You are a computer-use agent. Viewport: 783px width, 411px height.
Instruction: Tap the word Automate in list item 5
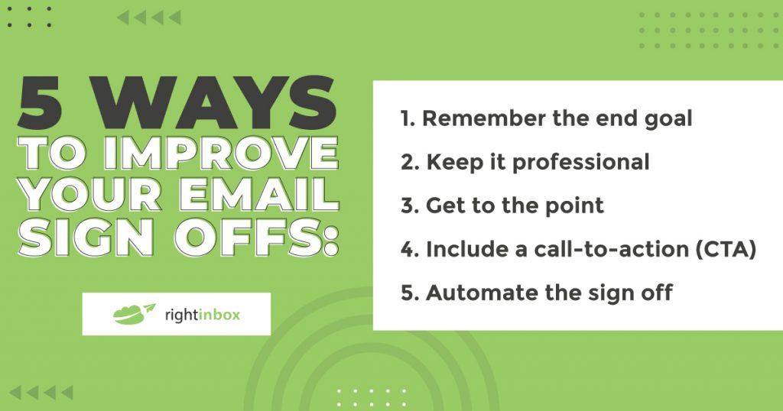click(473, 293)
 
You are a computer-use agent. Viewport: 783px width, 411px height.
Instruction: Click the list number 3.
click(408, 205)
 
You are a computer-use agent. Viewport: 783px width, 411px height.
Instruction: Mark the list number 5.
click(408, 293)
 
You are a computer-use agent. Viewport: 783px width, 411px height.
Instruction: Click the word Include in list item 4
click(463, 249)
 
